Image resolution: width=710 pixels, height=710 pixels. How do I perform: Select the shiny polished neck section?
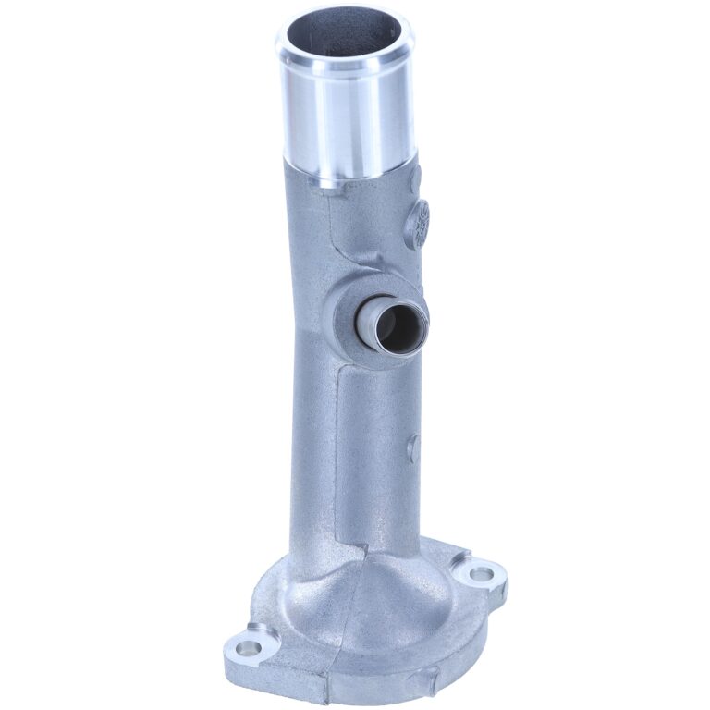(347, 120)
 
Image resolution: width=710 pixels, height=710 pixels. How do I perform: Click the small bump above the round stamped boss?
(415, 173)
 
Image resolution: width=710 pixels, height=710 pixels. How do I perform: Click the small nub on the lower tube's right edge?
(413, 443)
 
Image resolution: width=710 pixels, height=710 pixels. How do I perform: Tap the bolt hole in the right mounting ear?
(482, 574)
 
